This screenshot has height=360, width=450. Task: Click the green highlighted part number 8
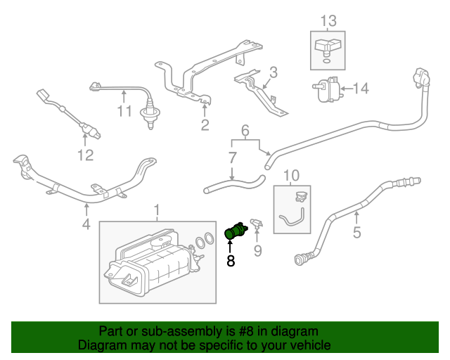(x=236, y=231)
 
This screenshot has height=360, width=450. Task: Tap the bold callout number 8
(x=231, y=261)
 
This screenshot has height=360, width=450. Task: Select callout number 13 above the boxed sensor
(x=328, y=21)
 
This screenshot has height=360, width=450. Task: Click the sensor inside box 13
(x=328, y=48)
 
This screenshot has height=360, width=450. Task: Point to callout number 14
(x=361, y=88)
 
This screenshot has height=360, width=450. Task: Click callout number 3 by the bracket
(x=274, y=72)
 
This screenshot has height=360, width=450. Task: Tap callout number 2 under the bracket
(x=205, y=125)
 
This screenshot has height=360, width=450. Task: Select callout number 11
(x=124, y=111)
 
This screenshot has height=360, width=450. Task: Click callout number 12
(x=86, y=155)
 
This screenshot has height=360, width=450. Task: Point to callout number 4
(x=86, y=224)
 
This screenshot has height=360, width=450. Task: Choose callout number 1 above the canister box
(x=157, y=210)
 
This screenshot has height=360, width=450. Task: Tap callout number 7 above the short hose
(x=233, y=158)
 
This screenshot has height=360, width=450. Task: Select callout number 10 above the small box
(x=291, y=175)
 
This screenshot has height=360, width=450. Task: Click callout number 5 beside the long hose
(x=356, y=232)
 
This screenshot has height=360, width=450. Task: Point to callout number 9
(x=258, y=250)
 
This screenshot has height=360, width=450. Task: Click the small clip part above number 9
(x=257, y=224)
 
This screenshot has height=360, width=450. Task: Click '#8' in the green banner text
(x=246, y=331)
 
